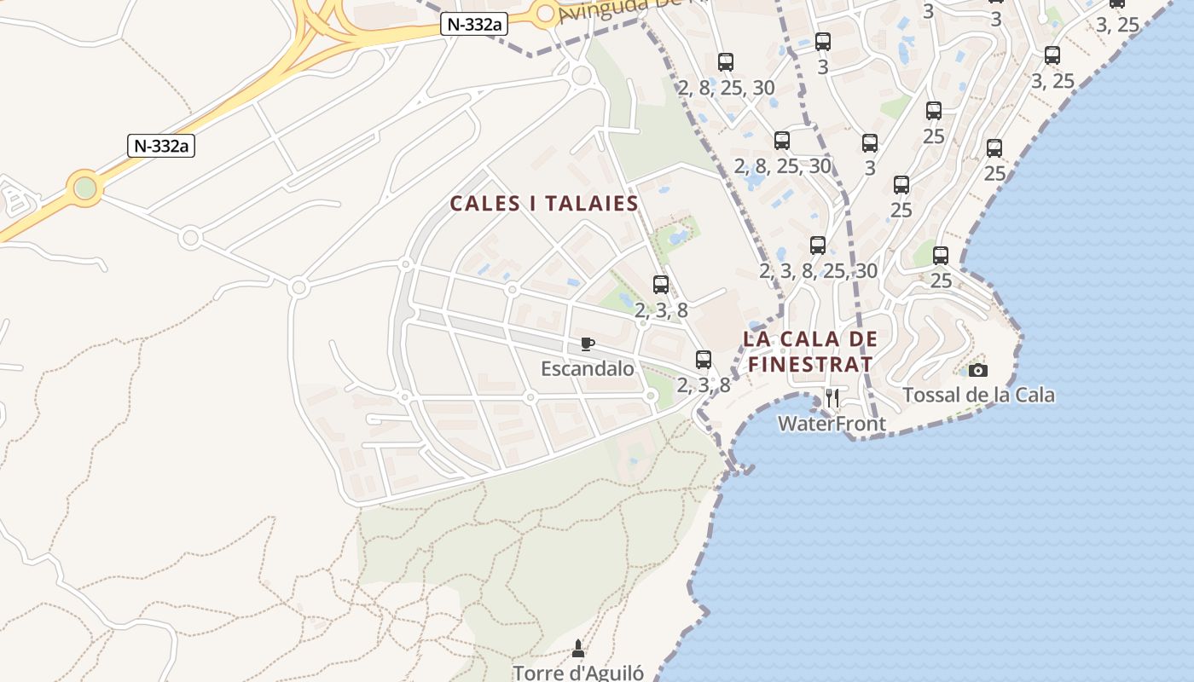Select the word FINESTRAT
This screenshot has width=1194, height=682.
pyautogui.click(x=809, y=365)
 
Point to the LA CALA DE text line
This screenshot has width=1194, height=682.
pyautogui.click(x=809, y=338)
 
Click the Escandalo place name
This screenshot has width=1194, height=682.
pyautogui.click(x=588, y=368)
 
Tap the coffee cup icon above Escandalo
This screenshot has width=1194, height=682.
pyautogui.click(x=587, y=344)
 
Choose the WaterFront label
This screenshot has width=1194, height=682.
pyautogui.click(x=832, y=423)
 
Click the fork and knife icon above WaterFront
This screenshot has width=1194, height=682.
pyautogui.click(x=832, y=398)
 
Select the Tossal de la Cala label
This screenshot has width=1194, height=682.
pyautogui.click(x=978, y=395)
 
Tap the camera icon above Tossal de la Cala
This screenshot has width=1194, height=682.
pyautogui.click(x=978, y=370)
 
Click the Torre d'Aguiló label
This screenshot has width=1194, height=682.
pyautogui.click(x=578, y=673)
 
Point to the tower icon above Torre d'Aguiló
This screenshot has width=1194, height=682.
pyautogui.click(x=578, y=649)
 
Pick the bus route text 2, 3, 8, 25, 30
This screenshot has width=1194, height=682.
pyautogui.click(x=818, y=271)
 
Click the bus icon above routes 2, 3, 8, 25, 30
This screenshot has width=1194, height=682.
pyautogui.click(x=818, y=246)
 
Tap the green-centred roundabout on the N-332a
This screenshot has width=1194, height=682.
pyautogui.click(x=84, y=188)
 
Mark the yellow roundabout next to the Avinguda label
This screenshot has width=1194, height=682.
pyautogui.click(x=546, y=13)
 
